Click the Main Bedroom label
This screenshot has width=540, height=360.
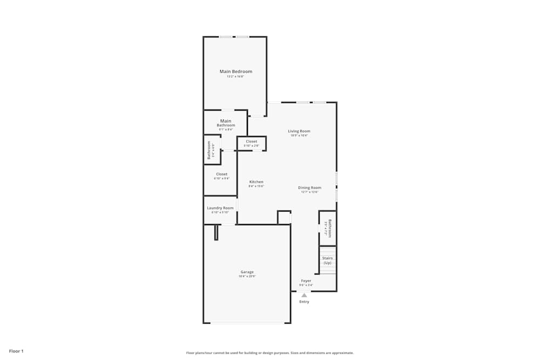[x=235, y=71]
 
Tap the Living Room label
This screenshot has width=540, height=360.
[x=299, y=131]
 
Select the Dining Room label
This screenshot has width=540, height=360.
[x=309, y=188]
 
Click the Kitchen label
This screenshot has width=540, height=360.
[x=256, y=182]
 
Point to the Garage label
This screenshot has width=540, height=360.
[x=247, y=272]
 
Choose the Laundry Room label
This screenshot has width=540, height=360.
[x=220, y=208]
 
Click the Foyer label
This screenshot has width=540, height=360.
[x=306, y=281]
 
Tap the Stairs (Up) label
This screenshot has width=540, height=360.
[x=327, y=260]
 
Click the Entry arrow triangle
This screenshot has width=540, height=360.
[x=305, y=295]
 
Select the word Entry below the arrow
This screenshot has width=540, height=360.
[x=305, y=302]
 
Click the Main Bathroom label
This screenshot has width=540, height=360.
[x=226, y=123]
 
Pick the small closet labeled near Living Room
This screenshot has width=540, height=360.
[x=252, y=141]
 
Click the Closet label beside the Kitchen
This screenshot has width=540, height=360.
[x=221, y=174]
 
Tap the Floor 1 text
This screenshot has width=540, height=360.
[x=16, y=351]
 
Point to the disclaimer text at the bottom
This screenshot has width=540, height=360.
[x=270, y=353]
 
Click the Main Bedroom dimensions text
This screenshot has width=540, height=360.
[x=235, y=77]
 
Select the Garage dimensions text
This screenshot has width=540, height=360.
[x=247, y=276]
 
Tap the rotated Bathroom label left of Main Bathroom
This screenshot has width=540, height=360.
[x=209, y=150]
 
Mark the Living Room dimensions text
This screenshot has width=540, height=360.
[x=299, y=135]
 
